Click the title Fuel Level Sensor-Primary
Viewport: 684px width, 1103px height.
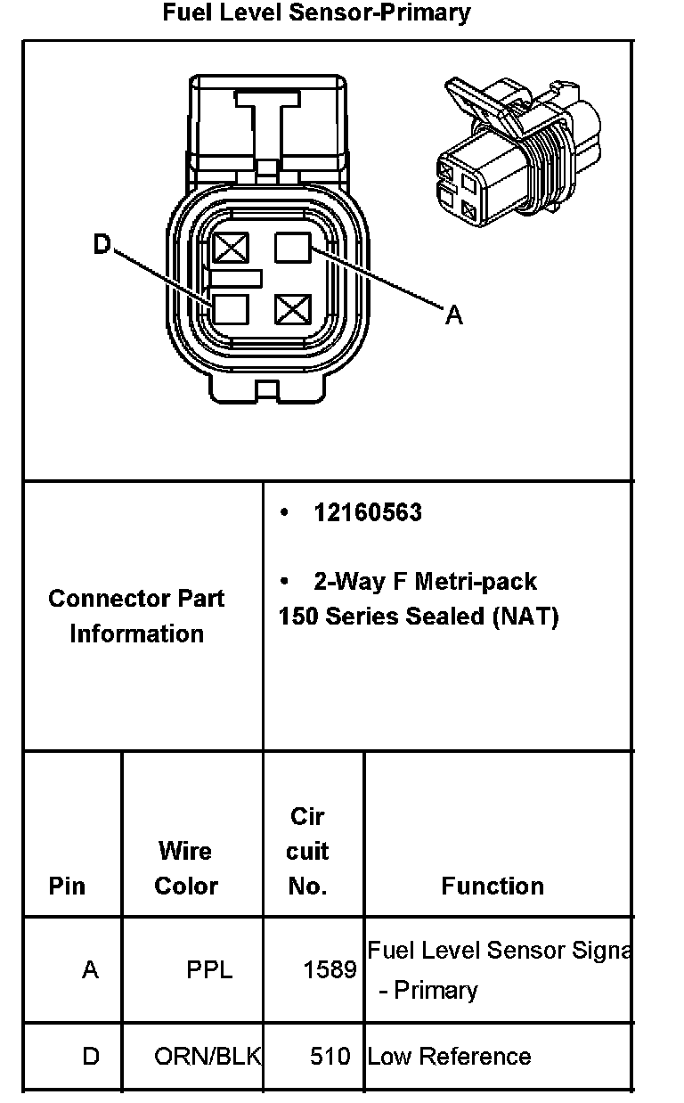pos(316,13)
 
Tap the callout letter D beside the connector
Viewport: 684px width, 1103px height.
pos(102,244)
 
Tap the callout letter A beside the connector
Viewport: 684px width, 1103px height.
pos(454,315)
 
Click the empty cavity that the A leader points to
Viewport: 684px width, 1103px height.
pos(292,247)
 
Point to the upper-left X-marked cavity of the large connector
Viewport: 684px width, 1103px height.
pos(231,247)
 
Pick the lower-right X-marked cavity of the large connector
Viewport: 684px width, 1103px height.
pos(291,309)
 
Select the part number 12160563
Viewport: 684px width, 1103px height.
pos(367,512)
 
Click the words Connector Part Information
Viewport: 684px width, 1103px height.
pos(136,616)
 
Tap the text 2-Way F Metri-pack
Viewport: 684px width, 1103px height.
pos(425,582)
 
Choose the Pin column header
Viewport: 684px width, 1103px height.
pos(68,886)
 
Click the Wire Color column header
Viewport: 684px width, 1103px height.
pos(185,868)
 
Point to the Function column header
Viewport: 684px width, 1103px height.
pos(493,886)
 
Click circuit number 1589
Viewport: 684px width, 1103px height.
pos(330,969)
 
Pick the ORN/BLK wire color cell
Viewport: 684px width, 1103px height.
pos(207,1057)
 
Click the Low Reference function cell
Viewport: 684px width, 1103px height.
pos(449,1057)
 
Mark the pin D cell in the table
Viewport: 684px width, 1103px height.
pos(90,1057)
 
